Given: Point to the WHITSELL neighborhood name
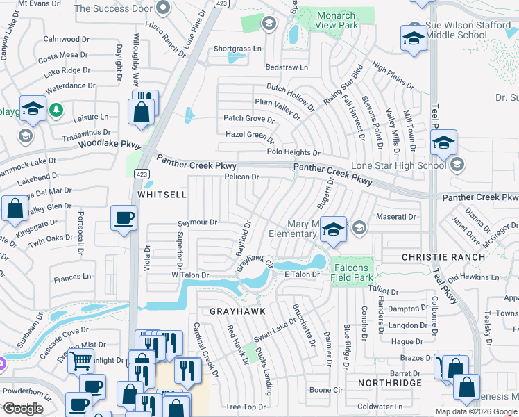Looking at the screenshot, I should pyautogui.click(x=162, y=196).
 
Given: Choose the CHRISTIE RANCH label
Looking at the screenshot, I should pyautogui.click(x=443, y=257).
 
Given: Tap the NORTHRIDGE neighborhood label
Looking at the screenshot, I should pyautogui.click(x=390, y=383).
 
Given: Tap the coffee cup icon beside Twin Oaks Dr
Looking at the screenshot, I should pyautogui.click(x=124, y=218).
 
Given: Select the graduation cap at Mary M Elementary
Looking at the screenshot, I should pyautogui.click(x=334, y=229).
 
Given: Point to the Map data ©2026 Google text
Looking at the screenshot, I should pyautogui.click(x=477, y=411).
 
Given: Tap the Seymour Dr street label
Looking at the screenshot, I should pyautogui.click(x=198, y=222).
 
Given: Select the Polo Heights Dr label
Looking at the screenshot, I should pyautogui.click(x=293, y=152).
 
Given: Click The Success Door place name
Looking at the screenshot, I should pyautogui.click(x=114, y=8).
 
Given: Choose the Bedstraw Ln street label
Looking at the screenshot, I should pyautogui.click(x=287, y=67).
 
